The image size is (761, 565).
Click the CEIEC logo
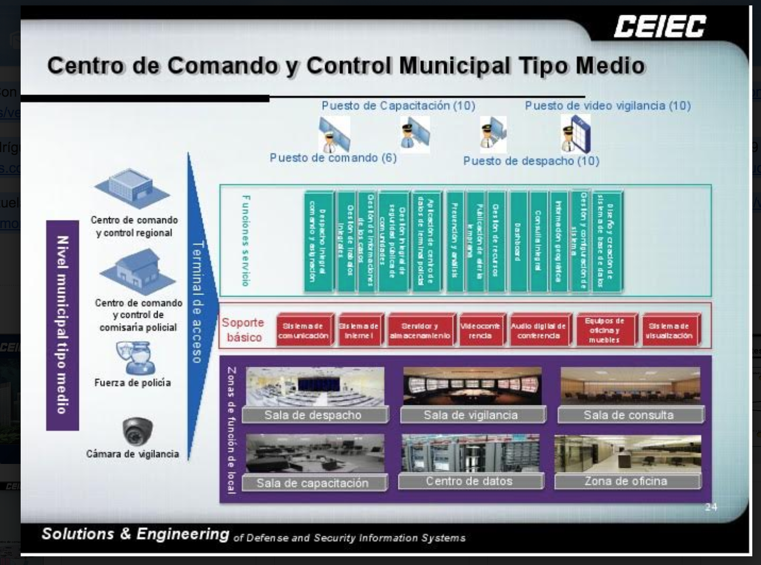659,26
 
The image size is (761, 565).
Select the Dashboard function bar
518,241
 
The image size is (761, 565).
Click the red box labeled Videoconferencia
481,331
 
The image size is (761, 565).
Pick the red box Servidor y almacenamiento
420,331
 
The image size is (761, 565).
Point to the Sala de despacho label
313,416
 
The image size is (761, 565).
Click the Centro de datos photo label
470,481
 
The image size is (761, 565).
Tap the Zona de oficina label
626,481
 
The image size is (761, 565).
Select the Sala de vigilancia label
471,416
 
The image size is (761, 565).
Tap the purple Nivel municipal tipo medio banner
63,325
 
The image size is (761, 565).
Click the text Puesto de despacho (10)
531,161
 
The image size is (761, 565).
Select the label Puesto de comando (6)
333,158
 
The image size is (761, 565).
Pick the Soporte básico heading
244,330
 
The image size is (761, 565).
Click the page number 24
711,507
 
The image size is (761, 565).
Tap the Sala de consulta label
628,416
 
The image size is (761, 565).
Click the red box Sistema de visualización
669,331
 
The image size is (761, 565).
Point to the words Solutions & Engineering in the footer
135,533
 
